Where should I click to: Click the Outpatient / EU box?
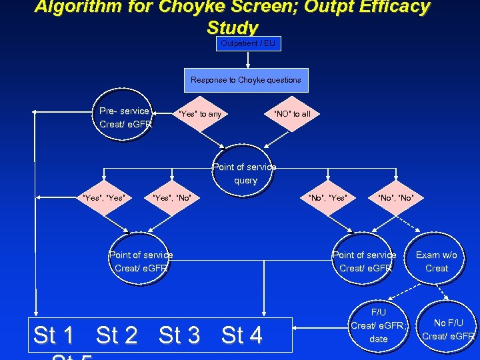coord(248,43)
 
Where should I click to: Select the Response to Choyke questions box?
coord(245,80)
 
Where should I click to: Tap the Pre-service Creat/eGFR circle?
coord(125,117)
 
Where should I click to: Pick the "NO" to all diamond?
coord(292,114)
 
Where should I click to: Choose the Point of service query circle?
coord(245,173)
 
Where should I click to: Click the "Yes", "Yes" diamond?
coord(104,197)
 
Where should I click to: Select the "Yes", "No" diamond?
coord(172,197)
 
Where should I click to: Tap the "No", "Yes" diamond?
coord(327,197)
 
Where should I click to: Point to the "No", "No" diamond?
coord(396,197)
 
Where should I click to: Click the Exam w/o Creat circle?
coord(437,261)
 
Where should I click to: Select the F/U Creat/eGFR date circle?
coord(377,325)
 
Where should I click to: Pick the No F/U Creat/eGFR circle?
coord(448,329)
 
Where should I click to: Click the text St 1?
coord(53,335)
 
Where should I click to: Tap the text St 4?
coord(242,335)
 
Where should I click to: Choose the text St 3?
coord(179,335)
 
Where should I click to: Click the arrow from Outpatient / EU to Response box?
coord(248,59)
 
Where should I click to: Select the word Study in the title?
coord(232,28)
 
